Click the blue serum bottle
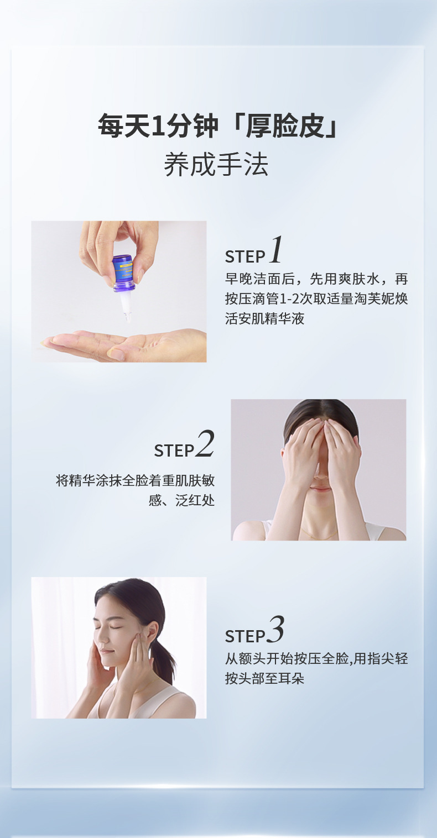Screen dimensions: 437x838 coord(123,273)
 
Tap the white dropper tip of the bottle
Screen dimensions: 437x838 coord(126,306)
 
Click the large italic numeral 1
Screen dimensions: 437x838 coord(275,250)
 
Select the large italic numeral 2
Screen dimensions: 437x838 coord(205,444)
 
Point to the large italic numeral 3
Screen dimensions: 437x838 coord(275,630)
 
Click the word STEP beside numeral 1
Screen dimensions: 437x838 coord(245,257)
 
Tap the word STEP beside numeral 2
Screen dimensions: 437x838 coord(174,451)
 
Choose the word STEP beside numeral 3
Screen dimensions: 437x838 coord(245,636)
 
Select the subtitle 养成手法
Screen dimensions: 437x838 coord(216,165)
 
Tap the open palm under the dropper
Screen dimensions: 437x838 coord(123,345)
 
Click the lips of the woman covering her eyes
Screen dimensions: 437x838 coord(320,489)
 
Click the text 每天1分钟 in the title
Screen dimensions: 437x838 coord(158,125)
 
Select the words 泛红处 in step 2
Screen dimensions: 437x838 coord(195,500)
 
